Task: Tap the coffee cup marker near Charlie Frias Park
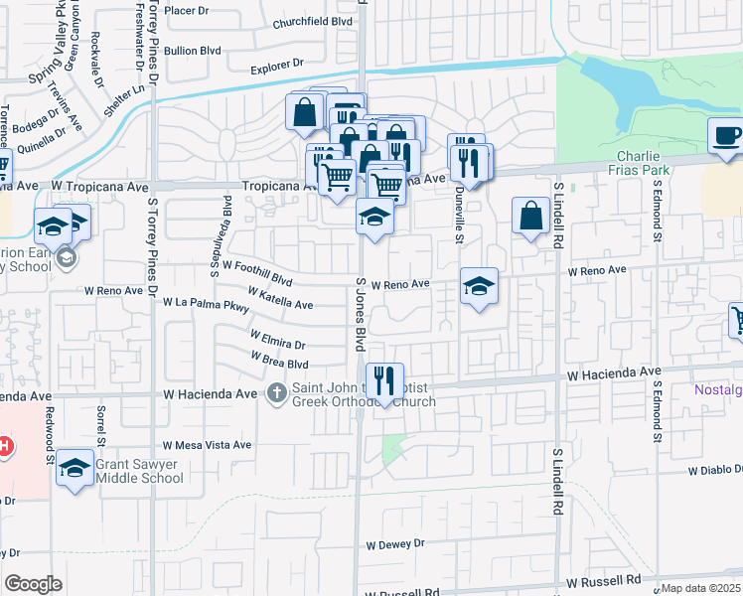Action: click(x=726, y=136)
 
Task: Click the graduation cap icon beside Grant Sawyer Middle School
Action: click(x=74, y=468)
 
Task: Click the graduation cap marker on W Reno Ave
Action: click(x=479, y=286)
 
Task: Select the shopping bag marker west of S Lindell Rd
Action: click(x=531, y=215)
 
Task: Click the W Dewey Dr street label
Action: click(x=394, y=544)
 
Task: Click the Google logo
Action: click(x=33, y=583)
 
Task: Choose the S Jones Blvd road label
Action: click(x=361, y=313)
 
